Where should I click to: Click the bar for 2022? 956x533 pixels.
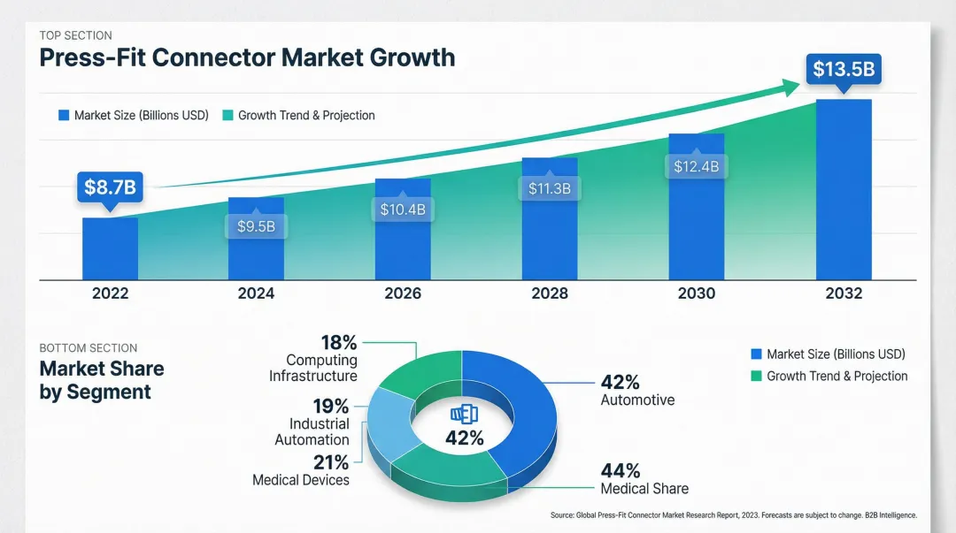pos(110,248)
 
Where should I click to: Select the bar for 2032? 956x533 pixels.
pos(844,189)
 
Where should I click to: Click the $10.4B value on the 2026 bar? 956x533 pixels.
pos(403,209)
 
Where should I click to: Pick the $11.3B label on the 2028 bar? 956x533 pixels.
pos(550,188)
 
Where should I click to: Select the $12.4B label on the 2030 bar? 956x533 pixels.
pos(696,166)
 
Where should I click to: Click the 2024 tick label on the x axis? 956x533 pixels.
pos(256,293)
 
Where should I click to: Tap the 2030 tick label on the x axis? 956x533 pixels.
pos(696,293)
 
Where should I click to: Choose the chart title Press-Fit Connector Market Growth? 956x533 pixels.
pos(247,58)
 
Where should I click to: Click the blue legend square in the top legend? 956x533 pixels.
pos(64,116)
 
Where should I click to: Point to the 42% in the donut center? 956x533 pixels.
pos(464,438)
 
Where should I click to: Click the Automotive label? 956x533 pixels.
pos(637,400)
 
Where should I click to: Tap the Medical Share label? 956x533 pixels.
pos(644,488)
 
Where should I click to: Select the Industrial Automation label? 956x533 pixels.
pos(312,432)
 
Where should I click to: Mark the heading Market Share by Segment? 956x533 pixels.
pos(101,380)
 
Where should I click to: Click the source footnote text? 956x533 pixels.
pos(733,514)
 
